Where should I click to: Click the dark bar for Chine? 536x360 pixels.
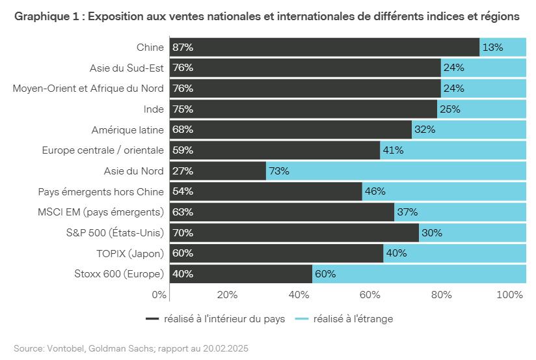point(325,47)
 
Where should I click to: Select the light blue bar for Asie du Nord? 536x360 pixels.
point(403,171)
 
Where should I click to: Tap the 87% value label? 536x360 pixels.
point(183,47)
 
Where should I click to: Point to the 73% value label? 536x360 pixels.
point(279,171)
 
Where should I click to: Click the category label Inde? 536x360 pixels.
point(154,109)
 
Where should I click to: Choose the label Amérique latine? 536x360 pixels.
point(127,130)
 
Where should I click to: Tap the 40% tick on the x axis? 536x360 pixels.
point(299,295)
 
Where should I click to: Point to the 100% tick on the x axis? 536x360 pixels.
point(509,295)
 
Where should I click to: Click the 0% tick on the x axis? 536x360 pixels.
point(159,295)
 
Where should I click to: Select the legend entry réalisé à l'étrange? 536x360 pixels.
point(353,319)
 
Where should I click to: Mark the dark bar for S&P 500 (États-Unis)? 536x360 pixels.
point(294,232)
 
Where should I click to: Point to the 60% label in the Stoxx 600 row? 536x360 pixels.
point(325,274)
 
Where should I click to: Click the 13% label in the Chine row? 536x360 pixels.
point(492,47)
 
